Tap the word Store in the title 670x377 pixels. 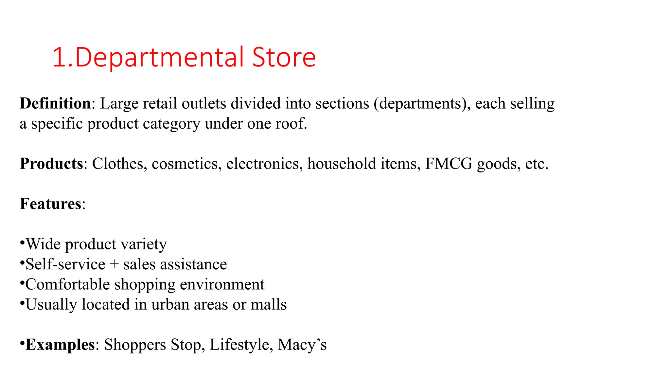(x=284, y=58)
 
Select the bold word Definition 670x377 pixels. (x=55, y=103)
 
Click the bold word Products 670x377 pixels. (x=51, y=164)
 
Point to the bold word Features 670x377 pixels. (x=50, y=204)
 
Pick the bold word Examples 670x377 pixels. (x=60, y=345)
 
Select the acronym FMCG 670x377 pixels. (x=449, y=164)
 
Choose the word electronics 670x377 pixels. (x=264, y=164)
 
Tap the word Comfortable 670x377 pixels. (x=67, y=284)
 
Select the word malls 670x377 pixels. (x=269, y=305)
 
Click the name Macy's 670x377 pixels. (x=302, y=345)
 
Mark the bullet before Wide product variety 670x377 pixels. (x=22, y=243)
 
